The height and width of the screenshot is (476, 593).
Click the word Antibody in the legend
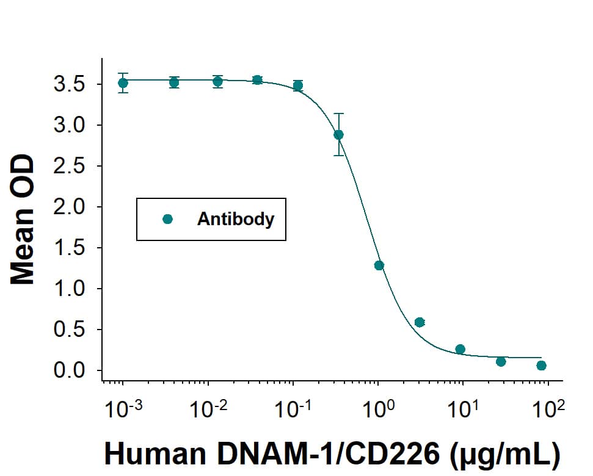click(x=236, y=219)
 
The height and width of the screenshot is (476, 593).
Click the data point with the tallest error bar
click(x=339, y=134)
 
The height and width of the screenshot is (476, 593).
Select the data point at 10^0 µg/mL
click(x=379, y=265)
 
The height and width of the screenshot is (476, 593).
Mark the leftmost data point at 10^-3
click(x=123, y=82)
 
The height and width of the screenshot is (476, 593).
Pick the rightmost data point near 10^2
click(x=541, y=366)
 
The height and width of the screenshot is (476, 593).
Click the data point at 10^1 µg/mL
click(x=460, y=349)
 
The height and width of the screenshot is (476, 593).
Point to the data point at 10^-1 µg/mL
click(x=298, y=85)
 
